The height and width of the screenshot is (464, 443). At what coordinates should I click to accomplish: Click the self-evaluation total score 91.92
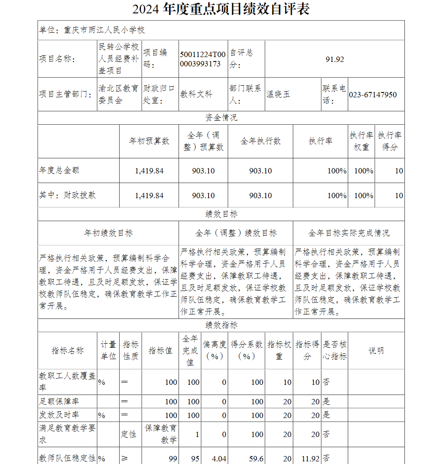[334, 59]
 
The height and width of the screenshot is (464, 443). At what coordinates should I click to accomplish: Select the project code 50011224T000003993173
[203, 59]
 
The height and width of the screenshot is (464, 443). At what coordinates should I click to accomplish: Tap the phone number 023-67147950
[373, 95]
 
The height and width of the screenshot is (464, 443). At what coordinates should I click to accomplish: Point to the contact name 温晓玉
[278, 94]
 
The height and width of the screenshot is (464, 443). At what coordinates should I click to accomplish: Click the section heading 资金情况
[221, 118]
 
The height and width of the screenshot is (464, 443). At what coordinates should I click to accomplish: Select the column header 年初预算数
[149, 141]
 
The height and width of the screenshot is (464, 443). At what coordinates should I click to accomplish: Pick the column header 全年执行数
[260, 141]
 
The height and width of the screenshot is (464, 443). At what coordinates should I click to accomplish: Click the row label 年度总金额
[59, 170]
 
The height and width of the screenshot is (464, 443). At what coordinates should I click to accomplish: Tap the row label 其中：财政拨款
[67, 195]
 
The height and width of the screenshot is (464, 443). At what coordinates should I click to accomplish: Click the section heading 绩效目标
[221, 214]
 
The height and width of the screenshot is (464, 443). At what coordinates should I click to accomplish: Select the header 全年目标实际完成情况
[349, 233]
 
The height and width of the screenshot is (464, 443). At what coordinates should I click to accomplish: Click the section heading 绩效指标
[221, 325]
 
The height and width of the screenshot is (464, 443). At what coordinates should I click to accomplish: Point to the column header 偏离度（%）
[215, 350]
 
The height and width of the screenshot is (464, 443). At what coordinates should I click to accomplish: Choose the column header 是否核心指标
[334, 350]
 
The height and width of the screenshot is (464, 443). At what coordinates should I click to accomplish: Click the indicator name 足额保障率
[60, 402]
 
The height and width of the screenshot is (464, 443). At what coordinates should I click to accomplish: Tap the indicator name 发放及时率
[60, 415]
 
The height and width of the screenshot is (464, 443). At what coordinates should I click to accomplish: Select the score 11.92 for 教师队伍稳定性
[310, 459]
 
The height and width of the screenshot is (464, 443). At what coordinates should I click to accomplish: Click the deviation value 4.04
[219, 459]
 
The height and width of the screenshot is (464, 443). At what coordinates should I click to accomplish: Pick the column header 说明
[376, 350]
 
